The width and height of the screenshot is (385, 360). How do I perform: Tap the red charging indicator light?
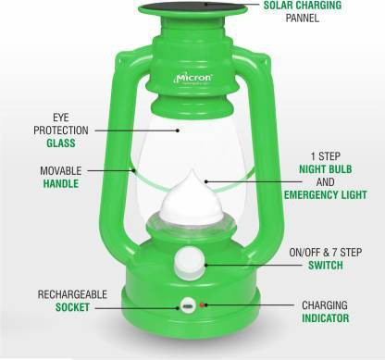coord(202,305)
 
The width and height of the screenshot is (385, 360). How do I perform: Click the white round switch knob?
coord(189,263)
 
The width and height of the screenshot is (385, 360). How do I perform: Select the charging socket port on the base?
coord(188,306)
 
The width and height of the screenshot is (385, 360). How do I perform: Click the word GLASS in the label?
coord(61,143)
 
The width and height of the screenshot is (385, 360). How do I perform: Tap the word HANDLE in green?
coord(61,184)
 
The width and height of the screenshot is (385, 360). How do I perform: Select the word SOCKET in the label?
coord(72,307)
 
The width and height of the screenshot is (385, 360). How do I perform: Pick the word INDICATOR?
coord(326,318)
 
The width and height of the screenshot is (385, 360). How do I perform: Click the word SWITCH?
coord(326,266)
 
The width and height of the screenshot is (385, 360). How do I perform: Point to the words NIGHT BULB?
coord(326,169)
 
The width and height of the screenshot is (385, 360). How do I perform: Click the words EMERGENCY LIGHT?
coord(326,195)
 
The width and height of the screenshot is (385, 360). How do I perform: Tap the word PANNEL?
coord(302,18)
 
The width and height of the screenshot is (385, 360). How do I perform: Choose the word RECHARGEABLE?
coord(72,294)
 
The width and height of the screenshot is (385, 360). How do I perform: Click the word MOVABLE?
coord(61,171)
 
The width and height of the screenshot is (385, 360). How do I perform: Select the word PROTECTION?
coord(61,130)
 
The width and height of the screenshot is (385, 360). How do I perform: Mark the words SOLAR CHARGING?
coord(303,5)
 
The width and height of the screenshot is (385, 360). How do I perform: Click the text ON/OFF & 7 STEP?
coord(326,253)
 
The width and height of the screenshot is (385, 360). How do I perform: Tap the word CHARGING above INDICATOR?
coord(325,305)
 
